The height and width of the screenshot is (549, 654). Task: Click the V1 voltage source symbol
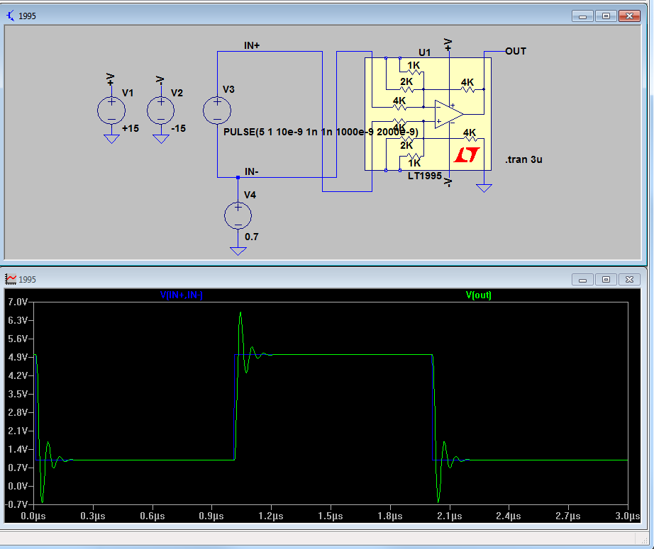[111, 111]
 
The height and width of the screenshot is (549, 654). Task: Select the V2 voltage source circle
[161, 111]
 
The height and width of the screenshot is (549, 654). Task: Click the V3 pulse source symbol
[217, 111]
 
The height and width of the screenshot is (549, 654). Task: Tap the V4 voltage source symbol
[238, 215]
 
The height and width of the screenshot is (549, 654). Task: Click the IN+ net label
[252, 45]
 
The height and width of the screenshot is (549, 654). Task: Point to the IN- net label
[252, 171]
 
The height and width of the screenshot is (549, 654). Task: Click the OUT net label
[516, 51]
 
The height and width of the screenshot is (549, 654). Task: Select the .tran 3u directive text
[524, 160]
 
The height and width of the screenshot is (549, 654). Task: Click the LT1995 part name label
[425, 175]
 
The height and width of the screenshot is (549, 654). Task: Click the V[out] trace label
[478, 295]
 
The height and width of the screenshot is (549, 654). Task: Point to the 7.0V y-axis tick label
[17, 302]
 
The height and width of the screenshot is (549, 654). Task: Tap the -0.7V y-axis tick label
[17, 504]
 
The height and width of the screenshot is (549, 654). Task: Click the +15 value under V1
[130, 129]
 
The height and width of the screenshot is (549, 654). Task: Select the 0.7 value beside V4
[252, 237]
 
